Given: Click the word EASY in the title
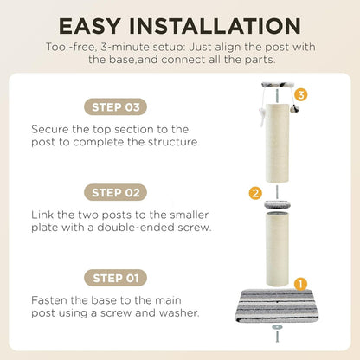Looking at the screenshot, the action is [x=89, y=26].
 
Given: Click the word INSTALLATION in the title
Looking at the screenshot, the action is [x=215, y=26].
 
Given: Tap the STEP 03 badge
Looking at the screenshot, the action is [x=116, y=107].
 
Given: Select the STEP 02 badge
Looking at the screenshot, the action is [x=116, y=192].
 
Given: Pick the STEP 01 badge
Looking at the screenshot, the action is [x=116, y=278].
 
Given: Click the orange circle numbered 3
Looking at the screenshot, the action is [x=301, y=94].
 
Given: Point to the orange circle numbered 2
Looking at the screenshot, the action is [x=255, y=193].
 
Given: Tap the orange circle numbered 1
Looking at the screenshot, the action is [x=300, y=284].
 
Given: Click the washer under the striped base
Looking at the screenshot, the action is [x=277, y=327].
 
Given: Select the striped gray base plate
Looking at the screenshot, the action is [x=277, y=305].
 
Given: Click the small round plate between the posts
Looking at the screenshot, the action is [x=277, y=205].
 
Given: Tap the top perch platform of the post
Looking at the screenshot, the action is [x=277, y=85].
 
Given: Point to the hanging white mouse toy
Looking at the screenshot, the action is [x=261, y=115].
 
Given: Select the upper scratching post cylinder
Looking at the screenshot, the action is [x=277, y=143].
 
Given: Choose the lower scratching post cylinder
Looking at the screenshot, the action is [x=277, y=249].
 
